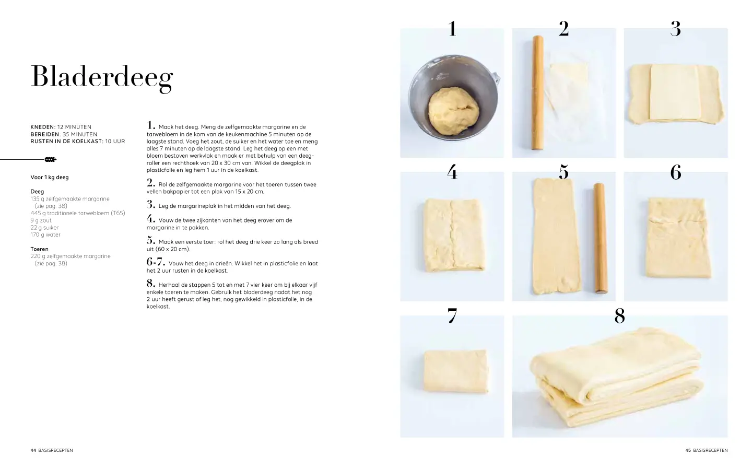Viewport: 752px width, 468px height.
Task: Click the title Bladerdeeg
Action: [102, 77]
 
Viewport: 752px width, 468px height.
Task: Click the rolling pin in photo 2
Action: [537, 92]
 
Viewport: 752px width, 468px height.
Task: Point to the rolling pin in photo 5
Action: [601, 238]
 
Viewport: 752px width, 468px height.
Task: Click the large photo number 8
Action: [619, 316]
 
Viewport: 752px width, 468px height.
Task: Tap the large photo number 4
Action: [452, 172]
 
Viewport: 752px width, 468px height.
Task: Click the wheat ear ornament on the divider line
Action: [51, 159]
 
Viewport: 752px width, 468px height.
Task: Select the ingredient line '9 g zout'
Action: [41, 220]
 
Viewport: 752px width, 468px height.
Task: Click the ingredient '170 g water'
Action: [45, 235]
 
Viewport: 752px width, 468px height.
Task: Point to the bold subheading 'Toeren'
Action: [39, 249]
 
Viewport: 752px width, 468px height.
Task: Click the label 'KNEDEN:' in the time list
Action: [43, 127]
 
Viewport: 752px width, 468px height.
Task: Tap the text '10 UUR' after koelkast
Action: [115, 142]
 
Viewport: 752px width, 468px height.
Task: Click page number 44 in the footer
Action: [33, 450]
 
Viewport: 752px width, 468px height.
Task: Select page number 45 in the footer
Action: [688, 450]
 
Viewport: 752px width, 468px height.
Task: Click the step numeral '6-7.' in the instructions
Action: [156, 262]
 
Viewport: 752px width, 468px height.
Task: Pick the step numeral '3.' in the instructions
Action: [151, 204]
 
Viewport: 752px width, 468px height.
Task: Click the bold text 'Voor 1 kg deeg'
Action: [49, 177]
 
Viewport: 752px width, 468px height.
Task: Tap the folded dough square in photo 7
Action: [456, 371]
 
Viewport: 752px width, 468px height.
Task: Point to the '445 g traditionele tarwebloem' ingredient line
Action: [78, 213]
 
